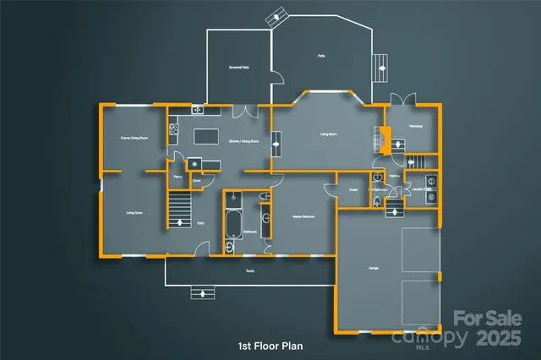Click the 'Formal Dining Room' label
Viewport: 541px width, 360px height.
pos(134,137)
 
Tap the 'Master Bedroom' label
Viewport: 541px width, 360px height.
pos(303,217)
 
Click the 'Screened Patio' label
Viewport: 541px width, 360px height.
pos(239,66)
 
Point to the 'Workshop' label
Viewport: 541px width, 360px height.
pos(415,127)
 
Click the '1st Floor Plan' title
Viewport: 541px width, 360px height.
pos(270,346)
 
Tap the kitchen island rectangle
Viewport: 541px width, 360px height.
pos(206,135)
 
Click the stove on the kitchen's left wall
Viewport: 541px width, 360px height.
pos(174,129)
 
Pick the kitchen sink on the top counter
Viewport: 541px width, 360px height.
pos(197,109)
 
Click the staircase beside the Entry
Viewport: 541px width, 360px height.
pos(179,210)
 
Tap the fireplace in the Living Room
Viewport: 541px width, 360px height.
pos(383,138)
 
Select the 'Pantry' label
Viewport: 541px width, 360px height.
pos(178,177)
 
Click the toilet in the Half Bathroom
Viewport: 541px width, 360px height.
pos(377,202)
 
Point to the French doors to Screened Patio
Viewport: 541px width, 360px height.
pos(244,111)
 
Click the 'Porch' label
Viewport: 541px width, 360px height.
pos(250,271)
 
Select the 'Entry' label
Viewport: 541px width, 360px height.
pos(200,223)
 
